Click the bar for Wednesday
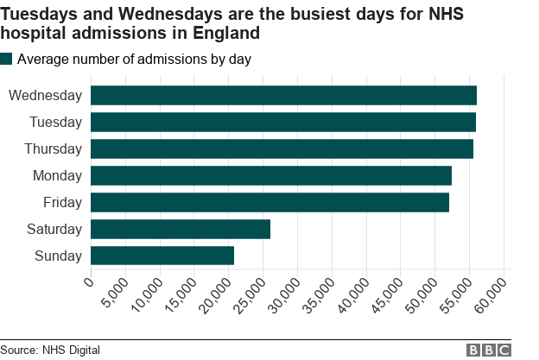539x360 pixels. click(x=283, y=95)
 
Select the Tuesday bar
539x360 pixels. click(x=283, y=122)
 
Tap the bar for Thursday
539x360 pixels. click(x=282, y=148)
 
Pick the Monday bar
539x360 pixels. click(x=271, y=175)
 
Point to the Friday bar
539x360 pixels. click(x=269, y=202)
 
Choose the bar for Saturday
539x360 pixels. click(x=181, y=229)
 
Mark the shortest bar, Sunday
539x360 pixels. click(x=162, y=256)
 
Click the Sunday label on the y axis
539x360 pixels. click(x=58, y=256)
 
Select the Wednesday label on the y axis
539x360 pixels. click(x=45, y=95)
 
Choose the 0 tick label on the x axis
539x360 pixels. click(x=88, y=282)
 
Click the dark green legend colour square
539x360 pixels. click(x=7, y=59)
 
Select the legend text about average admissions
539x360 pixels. click(x=134, y=59)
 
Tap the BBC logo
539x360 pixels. click(x=489, y=350)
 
